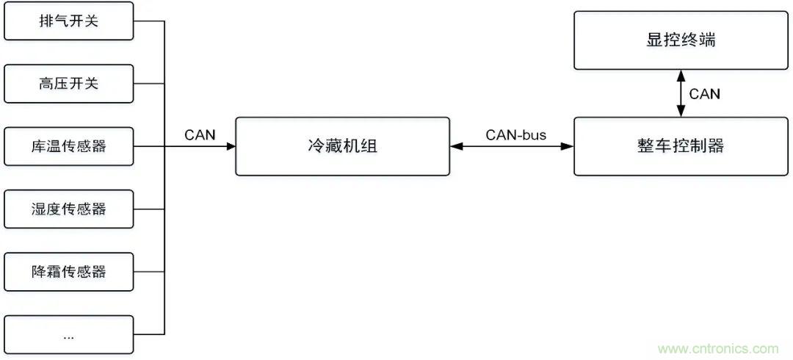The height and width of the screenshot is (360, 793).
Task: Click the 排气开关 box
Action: tap(68, 21)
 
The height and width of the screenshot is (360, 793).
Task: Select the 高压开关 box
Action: tap(68, 84)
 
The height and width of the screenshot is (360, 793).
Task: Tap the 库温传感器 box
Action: tap(68, 146)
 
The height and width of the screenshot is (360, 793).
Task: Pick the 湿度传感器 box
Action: tap(68, 209)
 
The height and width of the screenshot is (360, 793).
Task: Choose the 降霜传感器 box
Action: tap(68, 271)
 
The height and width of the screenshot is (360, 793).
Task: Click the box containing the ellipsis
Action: tap(68, 334)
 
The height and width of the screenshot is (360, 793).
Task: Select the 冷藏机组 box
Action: tap(342, 146)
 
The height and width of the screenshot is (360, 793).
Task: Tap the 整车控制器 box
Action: tap(681, 146)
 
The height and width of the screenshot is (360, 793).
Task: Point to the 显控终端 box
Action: tap(681, 40)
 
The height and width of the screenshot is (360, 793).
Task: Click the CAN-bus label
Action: tap(511, 134)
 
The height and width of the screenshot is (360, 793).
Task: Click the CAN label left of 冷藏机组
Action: tap(199, 134)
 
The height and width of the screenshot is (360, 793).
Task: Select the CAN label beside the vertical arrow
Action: tap(705, 94)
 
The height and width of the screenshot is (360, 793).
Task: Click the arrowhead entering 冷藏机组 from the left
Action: tap(231, 146)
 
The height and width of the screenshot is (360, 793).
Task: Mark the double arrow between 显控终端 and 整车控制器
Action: tap(681, 93)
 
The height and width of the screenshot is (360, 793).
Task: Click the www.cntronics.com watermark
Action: tap(719, 348)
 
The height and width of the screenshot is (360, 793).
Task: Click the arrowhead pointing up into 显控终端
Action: tap(681, 75)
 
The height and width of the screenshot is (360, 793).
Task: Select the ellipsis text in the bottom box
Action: tap(68, 336)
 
